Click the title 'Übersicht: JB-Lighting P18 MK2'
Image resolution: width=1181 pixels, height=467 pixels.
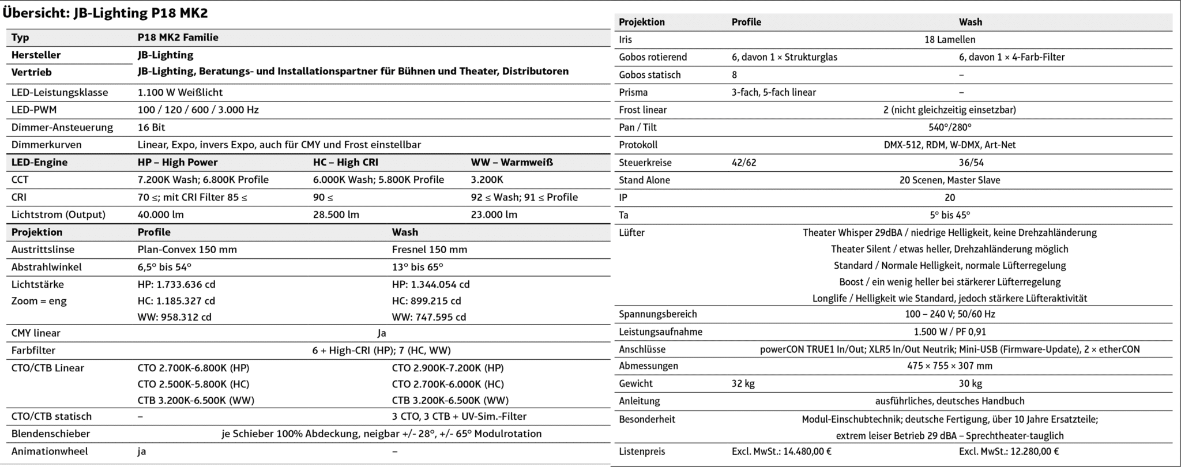coord(106,13)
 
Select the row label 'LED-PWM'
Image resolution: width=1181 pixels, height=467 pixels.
coord(34,110)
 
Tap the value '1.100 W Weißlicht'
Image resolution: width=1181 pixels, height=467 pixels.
coord(180,92)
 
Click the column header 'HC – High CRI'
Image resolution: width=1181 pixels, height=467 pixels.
coord(345,162)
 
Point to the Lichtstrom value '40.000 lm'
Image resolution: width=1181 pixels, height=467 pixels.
coord(161,214)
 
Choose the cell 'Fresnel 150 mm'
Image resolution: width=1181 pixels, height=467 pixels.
coord(430,250)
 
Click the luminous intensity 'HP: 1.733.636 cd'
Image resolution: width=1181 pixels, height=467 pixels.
coord(176,284)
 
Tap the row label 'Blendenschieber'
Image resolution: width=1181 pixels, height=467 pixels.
coord(51,434)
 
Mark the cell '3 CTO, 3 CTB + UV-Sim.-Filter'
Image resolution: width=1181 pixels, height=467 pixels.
coord(459,416)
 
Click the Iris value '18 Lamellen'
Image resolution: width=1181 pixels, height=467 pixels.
coord(950,40)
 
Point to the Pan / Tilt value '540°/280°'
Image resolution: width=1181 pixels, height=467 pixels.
coord(950,127)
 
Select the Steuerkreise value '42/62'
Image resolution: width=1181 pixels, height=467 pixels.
coord(744,163)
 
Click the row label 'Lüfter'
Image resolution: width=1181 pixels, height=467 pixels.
coord(631,232)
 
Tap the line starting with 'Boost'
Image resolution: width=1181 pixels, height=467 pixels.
coord(950,282)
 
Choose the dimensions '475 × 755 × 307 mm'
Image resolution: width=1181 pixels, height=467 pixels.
coord(950,366)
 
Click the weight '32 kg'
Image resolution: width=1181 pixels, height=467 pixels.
coord(743,383)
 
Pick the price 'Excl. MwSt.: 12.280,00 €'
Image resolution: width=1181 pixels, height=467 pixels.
coord(1009,451)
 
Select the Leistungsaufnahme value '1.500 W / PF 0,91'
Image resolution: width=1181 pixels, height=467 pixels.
coord(950,332)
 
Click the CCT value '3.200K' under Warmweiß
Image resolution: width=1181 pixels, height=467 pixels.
coord(487,179)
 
